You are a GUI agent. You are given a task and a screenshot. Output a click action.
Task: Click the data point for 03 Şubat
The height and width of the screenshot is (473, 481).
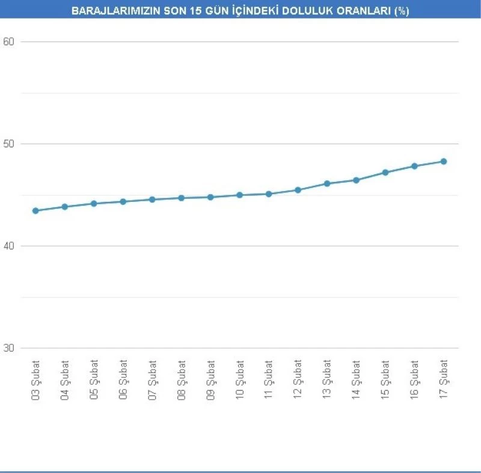click(x=35, y=211)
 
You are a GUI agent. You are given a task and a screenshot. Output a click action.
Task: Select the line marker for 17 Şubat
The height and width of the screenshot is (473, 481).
click(x=444, y=161)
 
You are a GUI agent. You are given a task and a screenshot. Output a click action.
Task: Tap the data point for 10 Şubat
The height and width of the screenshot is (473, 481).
click(x=239, y=195)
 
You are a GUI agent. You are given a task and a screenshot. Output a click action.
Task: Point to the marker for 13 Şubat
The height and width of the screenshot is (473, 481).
click(x=327, y=183)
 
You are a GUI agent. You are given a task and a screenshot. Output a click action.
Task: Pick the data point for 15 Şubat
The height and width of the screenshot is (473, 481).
click(x=385, y=172)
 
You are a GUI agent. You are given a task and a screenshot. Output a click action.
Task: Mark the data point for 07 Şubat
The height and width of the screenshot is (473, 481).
click(x=152, y=200)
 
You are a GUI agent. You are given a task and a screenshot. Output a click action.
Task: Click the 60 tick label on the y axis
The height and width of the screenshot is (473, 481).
click(x=8, y=42)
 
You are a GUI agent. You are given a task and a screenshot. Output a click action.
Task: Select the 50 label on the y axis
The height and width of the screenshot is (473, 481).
click(x=8, y=144)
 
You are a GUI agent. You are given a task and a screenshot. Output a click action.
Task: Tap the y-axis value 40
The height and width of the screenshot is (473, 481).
click(x=8, y=246)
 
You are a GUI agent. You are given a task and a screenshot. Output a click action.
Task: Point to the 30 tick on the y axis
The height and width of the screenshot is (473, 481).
click(x=8, y=349)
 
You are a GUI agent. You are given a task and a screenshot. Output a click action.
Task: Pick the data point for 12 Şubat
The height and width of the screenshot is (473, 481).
click(x=298, y=190)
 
